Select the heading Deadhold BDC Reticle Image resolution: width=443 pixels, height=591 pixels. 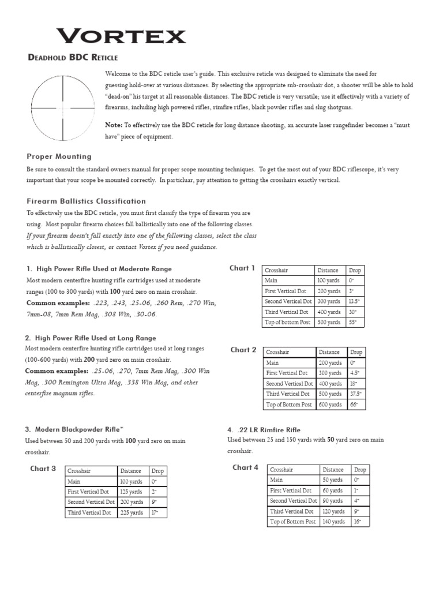point(73,57)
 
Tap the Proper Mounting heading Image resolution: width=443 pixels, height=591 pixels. point(59,156)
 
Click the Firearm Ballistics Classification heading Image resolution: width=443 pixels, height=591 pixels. point(87,201)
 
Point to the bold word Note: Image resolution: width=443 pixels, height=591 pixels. point(114,125)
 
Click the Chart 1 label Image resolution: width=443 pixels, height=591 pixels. point(242,268)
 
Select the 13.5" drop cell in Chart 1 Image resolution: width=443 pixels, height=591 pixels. point(354,301)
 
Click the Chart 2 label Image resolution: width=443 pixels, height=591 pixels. point(243,350)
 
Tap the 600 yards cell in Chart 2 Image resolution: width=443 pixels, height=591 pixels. point(329,405)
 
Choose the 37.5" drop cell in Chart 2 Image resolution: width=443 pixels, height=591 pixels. point(356,394)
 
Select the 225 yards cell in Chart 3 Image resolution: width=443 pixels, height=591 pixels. point(132,513)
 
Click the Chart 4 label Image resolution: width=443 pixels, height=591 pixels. point(245,467)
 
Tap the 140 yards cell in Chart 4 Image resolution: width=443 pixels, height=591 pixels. point(334,522)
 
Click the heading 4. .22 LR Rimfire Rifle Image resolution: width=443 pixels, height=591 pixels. point(264,430)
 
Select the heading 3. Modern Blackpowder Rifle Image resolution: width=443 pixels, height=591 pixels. point(74,429)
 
